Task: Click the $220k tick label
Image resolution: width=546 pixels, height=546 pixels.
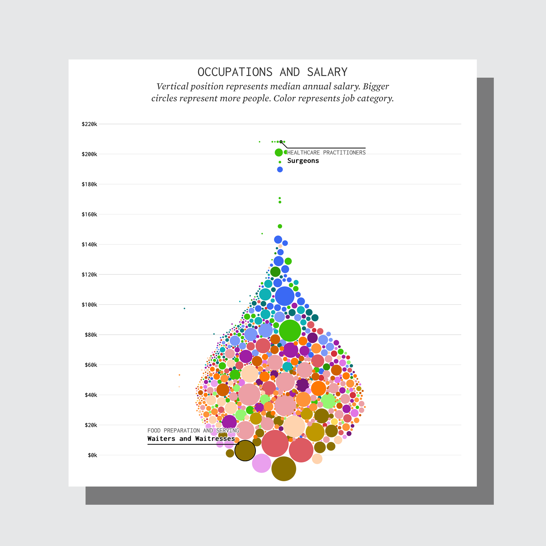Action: (89, 124)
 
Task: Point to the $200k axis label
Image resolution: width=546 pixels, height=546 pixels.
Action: (89, 154)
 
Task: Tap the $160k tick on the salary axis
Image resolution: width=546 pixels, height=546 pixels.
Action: (89, 214)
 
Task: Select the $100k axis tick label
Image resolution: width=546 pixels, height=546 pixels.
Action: (89, 305)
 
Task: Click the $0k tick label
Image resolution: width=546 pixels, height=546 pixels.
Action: (92, 455)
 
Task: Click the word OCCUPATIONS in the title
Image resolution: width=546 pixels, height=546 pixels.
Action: (235, 72)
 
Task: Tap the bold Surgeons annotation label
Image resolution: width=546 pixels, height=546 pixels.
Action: (303, 161)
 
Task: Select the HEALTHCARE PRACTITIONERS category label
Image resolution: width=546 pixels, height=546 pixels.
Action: (326, 153)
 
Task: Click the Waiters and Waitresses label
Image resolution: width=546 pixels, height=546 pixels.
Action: (191, 439)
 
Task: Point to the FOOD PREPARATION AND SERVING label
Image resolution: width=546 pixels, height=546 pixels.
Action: (193, 430)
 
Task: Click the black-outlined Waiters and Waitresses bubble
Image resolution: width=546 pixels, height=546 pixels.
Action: (245, 451)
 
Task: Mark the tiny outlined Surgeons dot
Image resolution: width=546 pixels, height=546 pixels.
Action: (281, 142)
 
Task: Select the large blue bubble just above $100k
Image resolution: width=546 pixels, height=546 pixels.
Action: (285, 296)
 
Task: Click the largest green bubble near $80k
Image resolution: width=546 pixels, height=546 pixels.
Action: (290, 331)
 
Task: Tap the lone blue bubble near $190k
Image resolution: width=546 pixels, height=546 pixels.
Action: (280, 170)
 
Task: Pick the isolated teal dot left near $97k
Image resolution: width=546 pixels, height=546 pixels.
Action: (184, 308)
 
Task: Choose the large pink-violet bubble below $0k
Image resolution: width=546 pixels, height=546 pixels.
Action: (261, 463)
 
